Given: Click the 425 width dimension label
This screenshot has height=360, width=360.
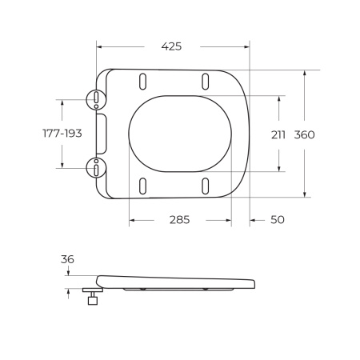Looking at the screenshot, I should [x=171, y=46].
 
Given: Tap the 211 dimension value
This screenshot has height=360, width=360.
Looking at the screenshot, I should [x=278, y=134].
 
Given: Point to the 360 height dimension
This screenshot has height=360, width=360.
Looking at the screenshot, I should [x=304, y=134].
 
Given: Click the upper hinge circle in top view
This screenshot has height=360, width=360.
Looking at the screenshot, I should [x=95, y=98].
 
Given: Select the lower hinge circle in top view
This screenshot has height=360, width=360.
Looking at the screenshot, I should [x=95, y=168].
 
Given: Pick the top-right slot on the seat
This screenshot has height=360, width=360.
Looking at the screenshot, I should [x=206, y=81].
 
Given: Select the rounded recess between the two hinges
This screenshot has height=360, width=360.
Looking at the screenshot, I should [x=100, y=133].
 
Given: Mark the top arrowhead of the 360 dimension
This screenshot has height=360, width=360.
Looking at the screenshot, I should [x=304, y=73].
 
